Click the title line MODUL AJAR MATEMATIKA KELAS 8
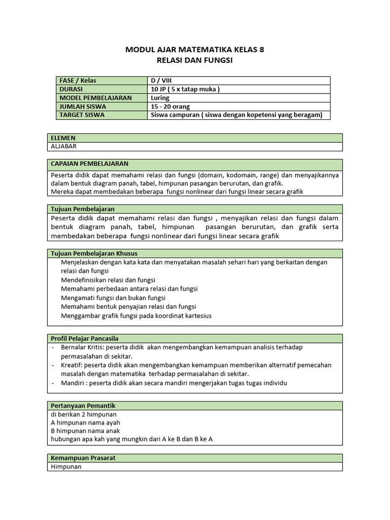coord(194,50)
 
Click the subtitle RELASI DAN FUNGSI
coord(194,60)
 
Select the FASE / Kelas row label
coord(78,81)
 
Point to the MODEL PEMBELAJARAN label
coord(95,98)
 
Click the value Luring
coord(160,98)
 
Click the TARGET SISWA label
coord(82,115)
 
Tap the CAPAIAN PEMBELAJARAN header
coord(89,164)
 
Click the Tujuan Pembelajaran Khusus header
coord(94,253)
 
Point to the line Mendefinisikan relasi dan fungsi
coord(108,280)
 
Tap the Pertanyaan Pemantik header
coord(83,406)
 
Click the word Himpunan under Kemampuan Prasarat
coord(66,467)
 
